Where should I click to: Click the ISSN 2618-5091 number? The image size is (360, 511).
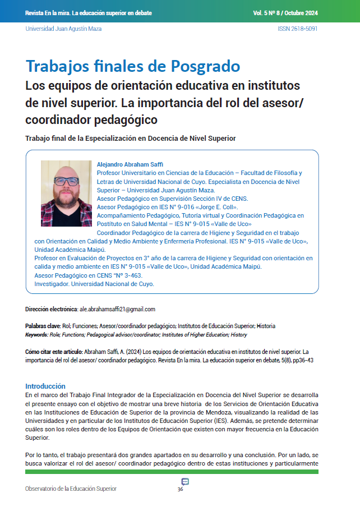tap(297, 29)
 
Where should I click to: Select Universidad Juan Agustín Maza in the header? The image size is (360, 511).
tap(63, 29)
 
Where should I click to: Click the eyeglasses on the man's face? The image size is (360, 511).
tap(66, 181)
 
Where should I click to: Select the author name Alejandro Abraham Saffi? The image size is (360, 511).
tap(130, 164)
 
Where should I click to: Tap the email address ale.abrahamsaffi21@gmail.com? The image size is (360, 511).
tap(118, 309)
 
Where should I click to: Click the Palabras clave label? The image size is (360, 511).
tap(44, 326)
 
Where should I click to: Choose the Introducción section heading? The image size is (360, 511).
tap(45, 386)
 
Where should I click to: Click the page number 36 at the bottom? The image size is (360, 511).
tap(180, 489)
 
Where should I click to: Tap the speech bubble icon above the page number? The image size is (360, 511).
tap(185, 481)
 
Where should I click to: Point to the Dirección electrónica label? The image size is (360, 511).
tap(51, 309)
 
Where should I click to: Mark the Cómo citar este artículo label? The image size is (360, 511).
tap(53, 351)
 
